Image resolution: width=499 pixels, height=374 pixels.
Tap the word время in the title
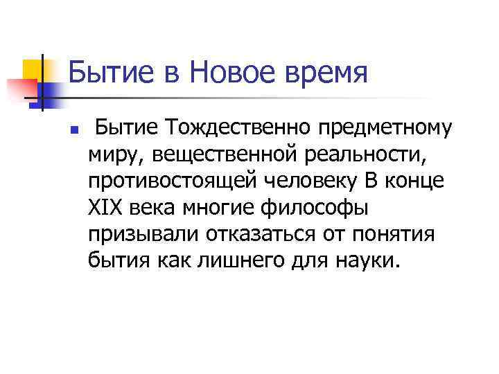tap(324, 72)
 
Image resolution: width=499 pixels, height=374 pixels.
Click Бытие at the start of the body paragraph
tap(119, 128)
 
